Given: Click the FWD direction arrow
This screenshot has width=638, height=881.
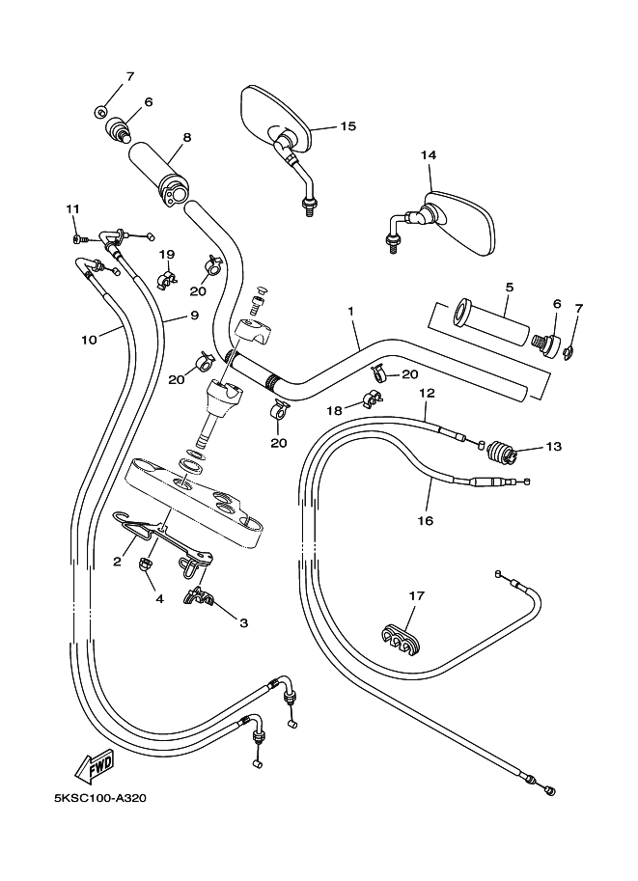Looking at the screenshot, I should point(96,768).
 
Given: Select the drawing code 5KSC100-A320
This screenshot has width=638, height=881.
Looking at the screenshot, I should point(100,799).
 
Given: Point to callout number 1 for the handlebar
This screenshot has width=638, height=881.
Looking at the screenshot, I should point(351,312).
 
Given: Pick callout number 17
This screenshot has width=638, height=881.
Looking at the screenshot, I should point(415,596).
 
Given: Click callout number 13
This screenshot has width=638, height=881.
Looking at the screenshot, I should point(553,447).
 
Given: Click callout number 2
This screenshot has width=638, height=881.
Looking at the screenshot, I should point(117,561).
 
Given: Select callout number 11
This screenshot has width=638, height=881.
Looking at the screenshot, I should point(72,209).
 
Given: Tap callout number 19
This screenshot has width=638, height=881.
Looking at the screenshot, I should point(167,255).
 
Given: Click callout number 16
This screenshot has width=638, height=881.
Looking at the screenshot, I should point(426,519).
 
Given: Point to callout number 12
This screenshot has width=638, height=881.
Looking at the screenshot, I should point(427,393).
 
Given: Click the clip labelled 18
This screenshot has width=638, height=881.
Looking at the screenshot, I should point(369,399).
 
